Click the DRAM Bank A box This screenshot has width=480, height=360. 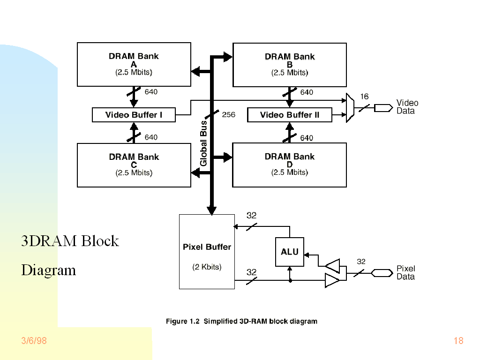pos(134,64)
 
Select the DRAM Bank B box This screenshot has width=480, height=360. pos(290,65)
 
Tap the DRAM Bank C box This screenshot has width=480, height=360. pos(134,165)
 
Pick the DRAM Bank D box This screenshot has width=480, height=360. pos(290,165)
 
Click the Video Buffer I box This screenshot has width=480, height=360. pos(134,115)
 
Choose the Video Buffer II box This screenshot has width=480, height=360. pos(290,115)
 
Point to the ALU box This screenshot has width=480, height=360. pos(289,252)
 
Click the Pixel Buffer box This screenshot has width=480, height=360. pos(207,252)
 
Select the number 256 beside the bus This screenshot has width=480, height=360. pos(228,114)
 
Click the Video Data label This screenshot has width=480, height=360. pos(407,107)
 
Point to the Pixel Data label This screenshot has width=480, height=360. pos(406,272)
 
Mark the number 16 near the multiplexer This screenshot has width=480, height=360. pos(364,97)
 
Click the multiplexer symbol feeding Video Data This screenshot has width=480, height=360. pos(350,108)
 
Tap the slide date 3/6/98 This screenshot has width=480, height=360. pos(34,341)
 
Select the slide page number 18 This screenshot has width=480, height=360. pos(458,341)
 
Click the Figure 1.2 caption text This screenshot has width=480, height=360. pos(241,322)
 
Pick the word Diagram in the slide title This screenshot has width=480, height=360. pos(48,270)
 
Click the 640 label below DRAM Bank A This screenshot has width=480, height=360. pos(151,92)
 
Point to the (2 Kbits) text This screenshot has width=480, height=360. pos(207,267)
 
